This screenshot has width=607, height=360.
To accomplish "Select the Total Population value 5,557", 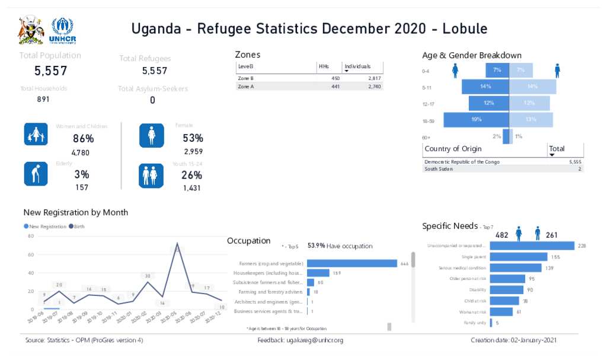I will click(50, 71).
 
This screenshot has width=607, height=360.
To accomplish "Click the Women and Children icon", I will click(36, 135).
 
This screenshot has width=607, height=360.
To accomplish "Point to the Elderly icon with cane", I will click(36, 174).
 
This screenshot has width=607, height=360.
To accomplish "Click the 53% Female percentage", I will click(193, 138).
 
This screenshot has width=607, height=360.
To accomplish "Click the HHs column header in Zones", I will click(324, 66).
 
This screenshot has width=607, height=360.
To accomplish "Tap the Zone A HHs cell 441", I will click(335, 87).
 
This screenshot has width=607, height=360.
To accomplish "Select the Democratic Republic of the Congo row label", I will click(462, 161).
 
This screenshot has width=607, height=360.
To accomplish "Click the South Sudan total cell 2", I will click(580, 169).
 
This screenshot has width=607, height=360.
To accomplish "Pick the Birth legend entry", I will click(77, 227).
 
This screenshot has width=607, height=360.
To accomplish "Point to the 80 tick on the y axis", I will click(31, 236).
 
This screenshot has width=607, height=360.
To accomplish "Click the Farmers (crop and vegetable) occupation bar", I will click(352, 263).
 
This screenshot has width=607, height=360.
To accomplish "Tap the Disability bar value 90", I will click(530, 290).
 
